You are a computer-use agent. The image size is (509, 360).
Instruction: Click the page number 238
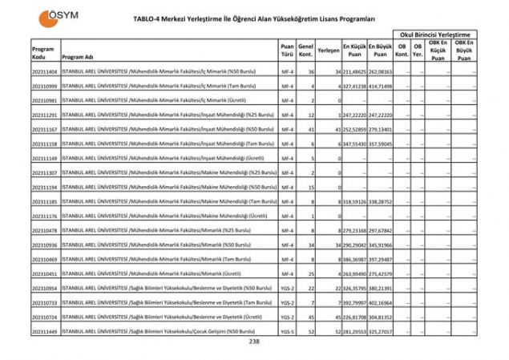(254, 342)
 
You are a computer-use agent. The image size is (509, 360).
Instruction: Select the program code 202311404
(45, 71)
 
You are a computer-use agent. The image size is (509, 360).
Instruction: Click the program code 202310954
(45, 287)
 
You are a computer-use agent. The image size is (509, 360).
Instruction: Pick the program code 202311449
(45, 330)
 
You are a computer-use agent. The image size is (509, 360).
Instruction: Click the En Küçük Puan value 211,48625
(354, 71)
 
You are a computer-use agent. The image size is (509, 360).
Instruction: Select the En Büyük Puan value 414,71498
(381, 86)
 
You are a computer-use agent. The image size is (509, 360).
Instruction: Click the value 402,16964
(381, 301)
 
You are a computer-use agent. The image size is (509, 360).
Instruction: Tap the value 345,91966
(381, 245)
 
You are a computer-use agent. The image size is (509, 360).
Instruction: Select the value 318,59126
(354, 201)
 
